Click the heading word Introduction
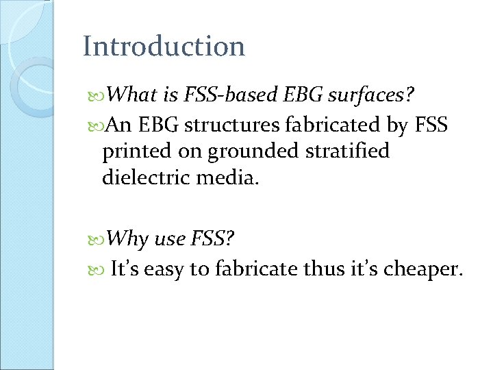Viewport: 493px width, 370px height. coord(164,47)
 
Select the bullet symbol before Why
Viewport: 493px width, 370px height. coord(96,240)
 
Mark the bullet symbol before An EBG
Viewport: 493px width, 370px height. coord(96,126)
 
